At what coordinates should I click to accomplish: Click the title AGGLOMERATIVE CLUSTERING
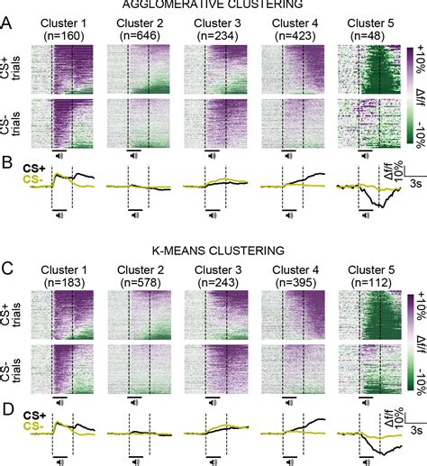(x=213, y=5)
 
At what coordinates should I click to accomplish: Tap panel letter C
(x=8, y=268)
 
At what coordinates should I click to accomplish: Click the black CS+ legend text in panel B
(x=35, y=167)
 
